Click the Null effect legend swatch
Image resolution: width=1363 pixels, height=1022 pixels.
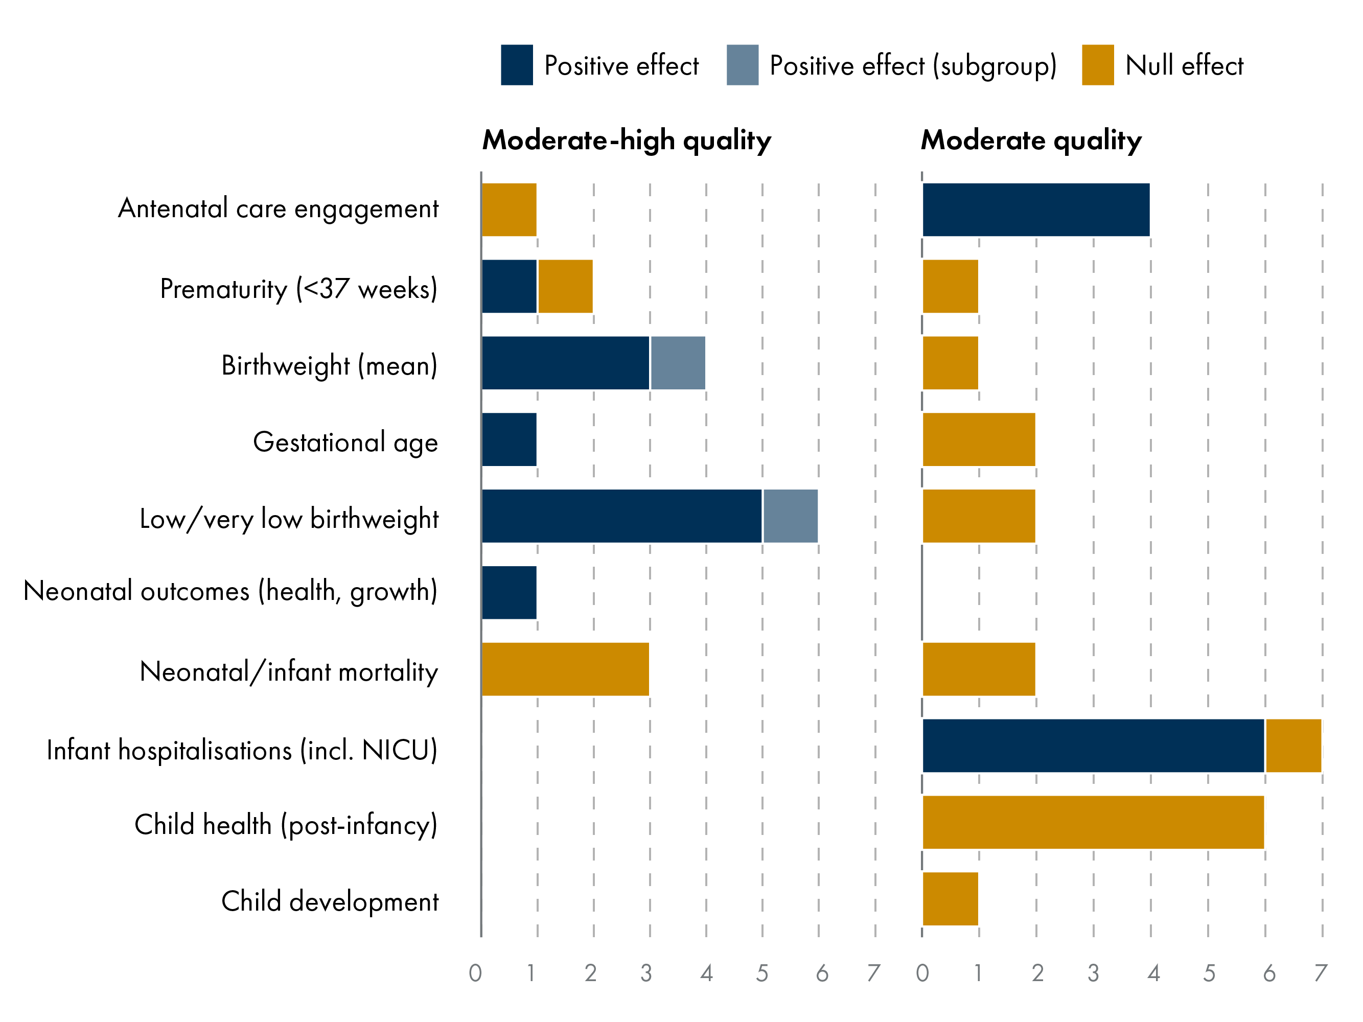coord(1097,65)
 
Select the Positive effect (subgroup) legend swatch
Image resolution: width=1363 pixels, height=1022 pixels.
coord(742,65)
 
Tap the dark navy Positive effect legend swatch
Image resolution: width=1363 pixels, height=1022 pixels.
coord(516,65)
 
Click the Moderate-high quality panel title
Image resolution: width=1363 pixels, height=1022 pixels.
coord(626,141)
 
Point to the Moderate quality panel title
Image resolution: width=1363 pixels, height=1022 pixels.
coord(1030,141)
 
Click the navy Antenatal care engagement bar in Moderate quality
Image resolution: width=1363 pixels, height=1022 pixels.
coord(1035,210)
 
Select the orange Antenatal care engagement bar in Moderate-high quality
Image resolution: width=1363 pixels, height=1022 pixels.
coord(509,210)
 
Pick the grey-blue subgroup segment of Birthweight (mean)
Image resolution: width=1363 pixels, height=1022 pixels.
coord(677,363)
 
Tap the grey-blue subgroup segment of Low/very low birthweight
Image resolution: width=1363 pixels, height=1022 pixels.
coord(790,516)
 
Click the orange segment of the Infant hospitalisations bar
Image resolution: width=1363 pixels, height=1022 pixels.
coord(1293,746)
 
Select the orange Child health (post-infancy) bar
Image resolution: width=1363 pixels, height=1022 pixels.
coord(1093,822)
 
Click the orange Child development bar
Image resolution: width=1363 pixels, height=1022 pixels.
coord(950,899)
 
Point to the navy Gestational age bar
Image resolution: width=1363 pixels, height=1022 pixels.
coord(509,439)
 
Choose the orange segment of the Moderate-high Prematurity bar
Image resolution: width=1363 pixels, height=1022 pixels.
coord(565,287)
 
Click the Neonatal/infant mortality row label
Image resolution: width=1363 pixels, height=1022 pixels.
coord(288,671)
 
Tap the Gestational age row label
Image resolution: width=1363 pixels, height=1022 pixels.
coord(345,443)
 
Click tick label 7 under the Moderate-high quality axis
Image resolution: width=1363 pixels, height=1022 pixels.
coord(873,973)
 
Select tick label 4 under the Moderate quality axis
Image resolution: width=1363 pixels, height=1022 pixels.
coord(1153,973)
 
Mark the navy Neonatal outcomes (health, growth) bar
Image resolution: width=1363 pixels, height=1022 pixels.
coord(509,592)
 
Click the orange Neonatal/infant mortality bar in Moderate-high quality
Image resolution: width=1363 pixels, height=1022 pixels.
coord(565,669)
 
